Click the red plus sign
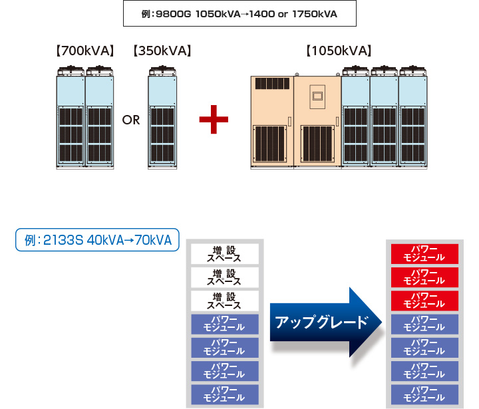tap(214, 120)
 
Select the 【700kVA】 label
tap(85, 51)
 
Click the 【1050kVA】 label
tap(338, 51)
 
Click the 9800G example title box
tap(239, 13)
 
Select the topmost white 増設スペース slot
tap(224, 254)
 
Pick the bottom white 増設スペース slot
tap(224, 301)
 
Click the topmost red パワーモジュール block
tap(424, 254)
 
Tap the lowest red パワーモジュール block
tap(424, 301)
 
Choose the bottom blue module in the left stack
tap(224, 393)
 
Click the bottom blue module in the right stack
tap(424, 393)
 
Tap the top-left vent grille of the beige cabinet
tap(271, 84)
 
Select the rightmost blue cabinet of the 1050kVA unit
tap(412, 120)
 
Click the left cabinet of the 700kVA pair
tap(71, 120)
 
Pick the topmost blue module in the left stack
tap(224, 324)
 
